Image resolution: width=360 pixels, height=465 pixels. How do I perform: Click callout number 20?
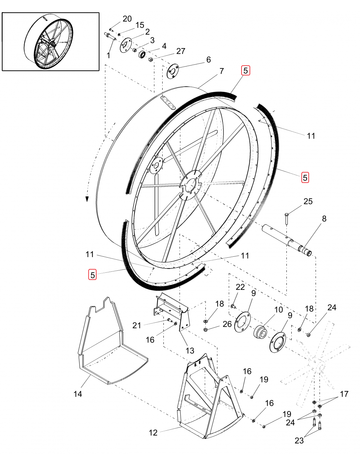coord(127,19)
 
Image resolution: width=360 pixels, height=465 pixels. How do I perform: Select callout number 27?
coord(181,51)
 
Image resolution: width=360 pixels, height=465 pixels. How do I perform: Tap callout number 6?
coord(208,60)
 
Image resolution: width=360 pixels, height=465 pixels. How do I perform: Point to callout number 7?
coord(222,71)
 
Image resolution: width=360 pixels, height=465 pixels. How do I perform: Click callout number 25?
coord(308,201)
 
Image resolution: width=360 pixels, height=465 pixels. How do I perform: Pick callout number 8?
coord(324,218)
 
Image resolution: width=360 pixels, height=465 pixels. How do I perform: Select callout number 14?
coord(78,394)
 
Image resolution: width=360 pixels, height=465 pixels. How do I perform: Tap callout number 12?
coord(153,433)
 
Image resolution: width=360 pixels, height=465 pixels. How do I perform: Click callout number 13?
coord(190,351)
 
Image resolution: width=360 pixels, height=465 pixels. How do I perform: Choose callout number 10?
coord(279,309)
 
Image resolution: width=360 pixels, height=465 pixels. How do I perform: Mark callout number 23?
coord(299,440)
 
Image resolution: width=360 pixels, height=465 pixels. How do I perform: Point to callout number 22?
coord(240,287)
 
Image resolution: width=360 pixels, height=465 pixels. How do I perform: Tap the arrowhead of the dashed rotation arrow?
coord(87,198)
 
